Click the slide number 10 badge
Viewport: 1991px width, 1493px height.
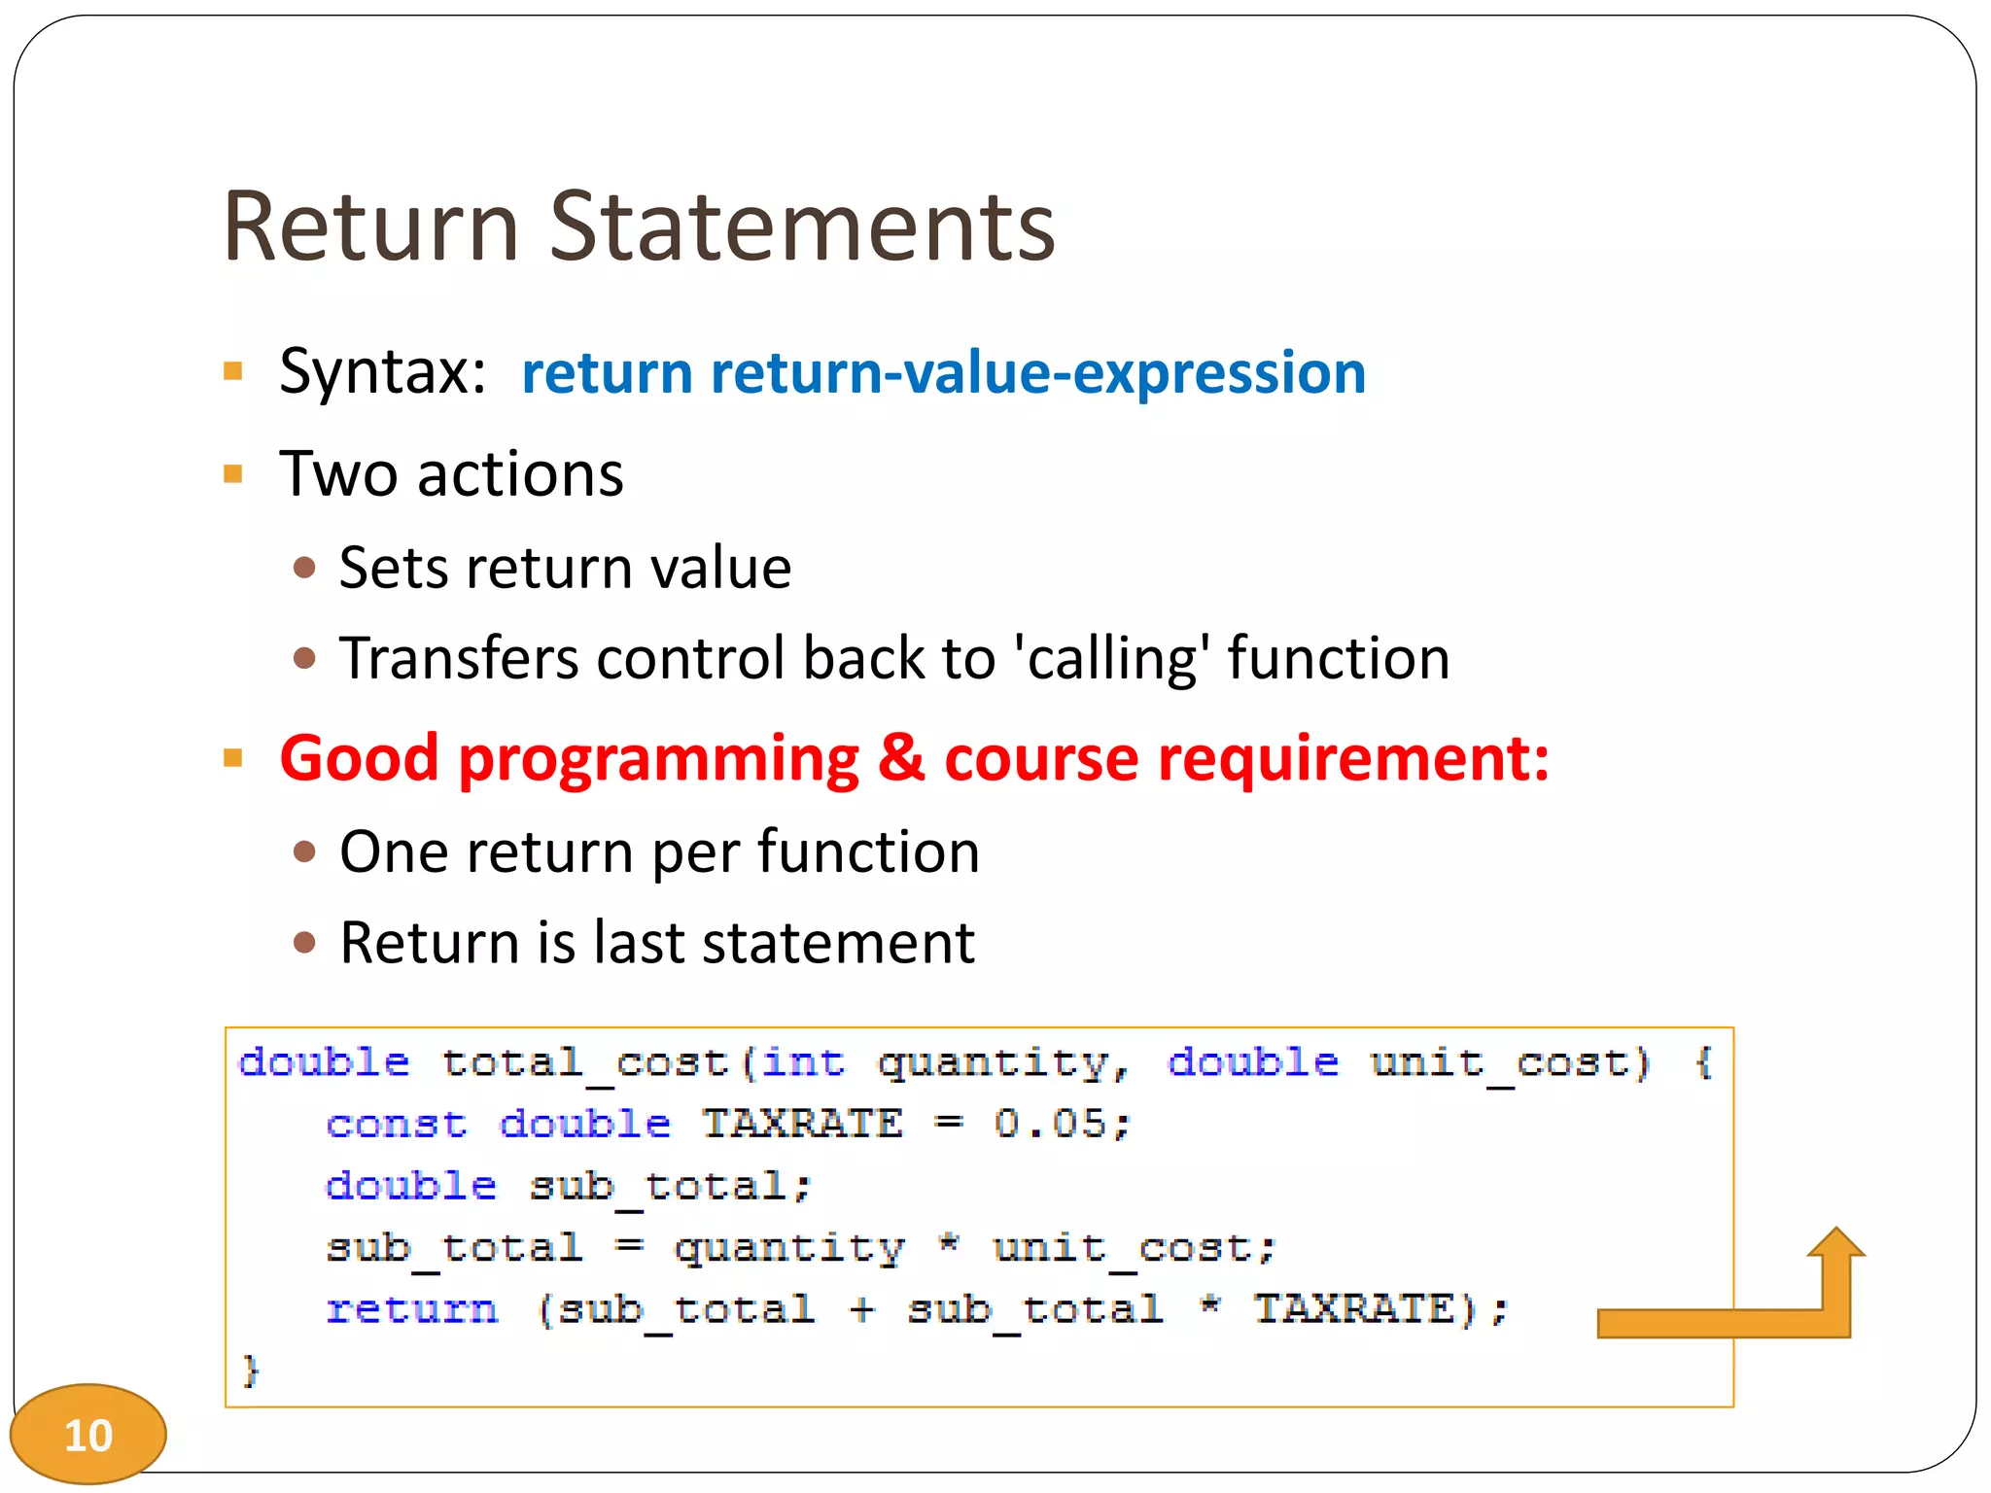point(87,1435)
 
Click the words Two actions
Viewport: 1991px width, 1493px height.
point(451,474)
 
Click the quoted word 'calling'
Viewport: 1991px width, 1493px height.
point(1112,659)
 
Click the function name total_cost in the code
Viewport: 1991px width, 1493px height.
point(584,1062)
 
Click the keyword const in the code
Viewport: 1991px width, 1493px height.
point(397,1125)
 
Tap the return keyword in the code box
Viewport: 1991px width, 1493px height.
point(412,1309)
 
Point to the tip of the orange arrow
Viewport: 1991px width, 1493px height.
point(1835,1231)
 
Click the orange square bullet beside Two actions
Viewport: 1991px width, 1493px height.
point(233,474)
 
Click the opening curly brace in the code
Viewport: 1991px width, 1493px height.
point(1703,1062)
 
